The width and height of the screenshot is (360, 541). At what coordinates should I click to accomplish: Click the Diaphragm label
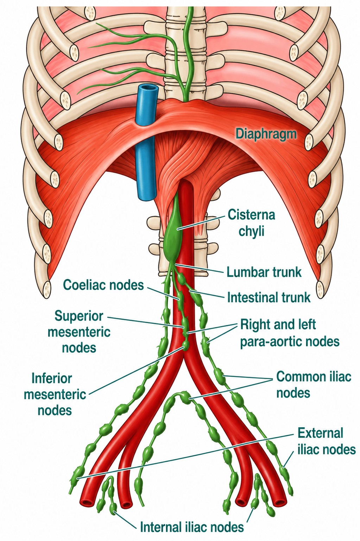[266, 133]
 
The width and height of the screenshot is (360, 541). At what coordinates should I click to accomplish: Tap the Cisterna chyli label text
[251, 223]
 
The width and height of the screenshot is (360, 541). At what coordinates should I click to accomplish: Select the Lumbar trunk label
[264, 272]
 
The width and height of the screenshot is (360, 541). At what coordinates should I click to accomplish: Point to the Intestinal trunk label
[269, 297]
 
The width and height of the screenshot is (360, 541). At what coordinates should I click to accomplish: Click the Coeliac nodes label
[103, 285]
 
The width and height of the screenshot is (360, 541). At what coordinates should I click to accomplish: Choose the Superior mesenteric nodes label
[79, 332]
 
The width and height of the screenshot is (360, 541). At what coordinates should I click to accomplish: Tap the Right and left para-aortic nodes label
[290, 333]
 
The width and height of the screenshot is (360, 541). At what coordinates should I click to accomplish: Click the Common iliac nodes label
[314, 384]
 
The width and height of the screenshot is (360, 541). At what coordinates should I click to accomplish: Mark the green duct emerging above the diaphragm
[187, 51]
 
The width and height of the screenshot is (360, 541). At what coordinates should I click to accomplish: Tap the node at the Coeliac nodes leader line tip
[179, 297]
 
